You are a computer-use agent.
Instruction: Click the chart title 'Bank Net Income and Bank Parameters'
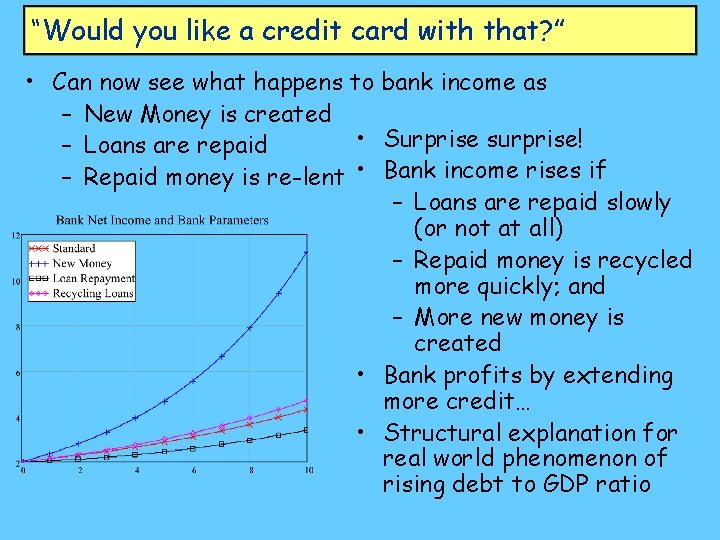coord(162,220)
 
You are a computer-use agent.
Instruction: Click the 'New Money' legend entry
coord(82,264)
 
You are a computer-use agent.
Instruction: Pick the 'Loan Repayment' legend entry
coord(92,279)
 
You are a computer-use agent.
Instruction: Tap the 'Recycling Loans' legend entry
coord(92,294)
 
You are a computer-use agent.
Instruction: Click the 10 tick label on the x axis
coord(308,470)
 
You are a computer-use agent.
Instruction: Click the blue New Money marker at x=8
coord(250,327)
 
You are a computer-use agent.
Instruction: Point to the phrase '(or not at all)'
coord(488,228)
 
